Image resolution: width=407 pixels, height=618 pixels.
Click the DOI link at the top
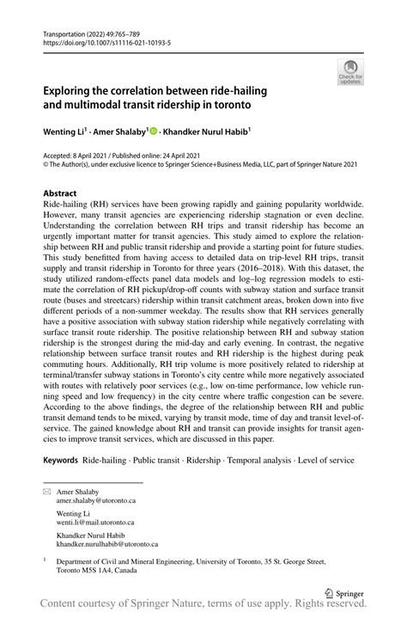pos(100,40)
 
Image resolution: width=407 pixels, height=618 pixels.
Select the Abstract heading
pos(60,194)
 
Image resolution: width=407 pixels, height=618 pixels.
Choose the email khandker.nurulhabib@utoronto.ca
pos(106,544)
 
